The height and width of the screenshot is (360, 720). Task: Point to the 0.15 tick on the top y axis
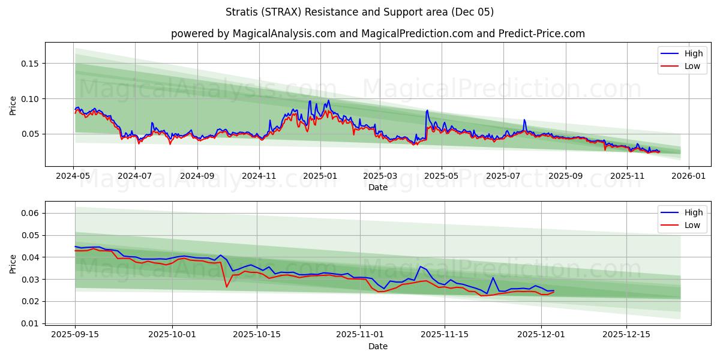pyautogui.click(x=29, y=64)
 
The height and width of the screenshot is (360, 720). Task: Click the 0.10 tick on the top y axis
pyautogui.click(x=29, y=98)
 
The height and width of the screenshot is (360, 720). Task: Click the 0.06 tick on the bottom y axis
pyautogui.click(x=29, y=213)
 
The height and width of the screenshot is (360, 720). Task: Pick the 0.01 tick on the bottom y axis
pyautogui.click(x=29, y=323)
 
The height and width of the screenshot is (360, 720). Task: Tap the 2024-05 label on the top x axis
pyautogui.click(x=73, y=177)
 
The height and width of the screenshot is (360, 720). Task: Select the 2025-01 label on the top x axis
pyautogui.click(x=320, y=177)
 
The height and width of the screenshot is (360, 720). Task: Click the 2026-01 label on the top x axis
pyautogui.click(x=688, y=177)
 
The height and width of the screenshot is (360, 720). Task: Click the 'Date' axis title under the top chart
pyautogui.click(x=378, y=187)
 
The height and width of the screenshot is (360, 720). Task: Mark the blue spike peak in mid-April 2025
pyautogui.click(x=427, y=110)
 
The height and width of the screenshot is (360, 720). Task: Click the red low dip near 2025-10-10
pyautogui.click(x=226, y=287)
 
